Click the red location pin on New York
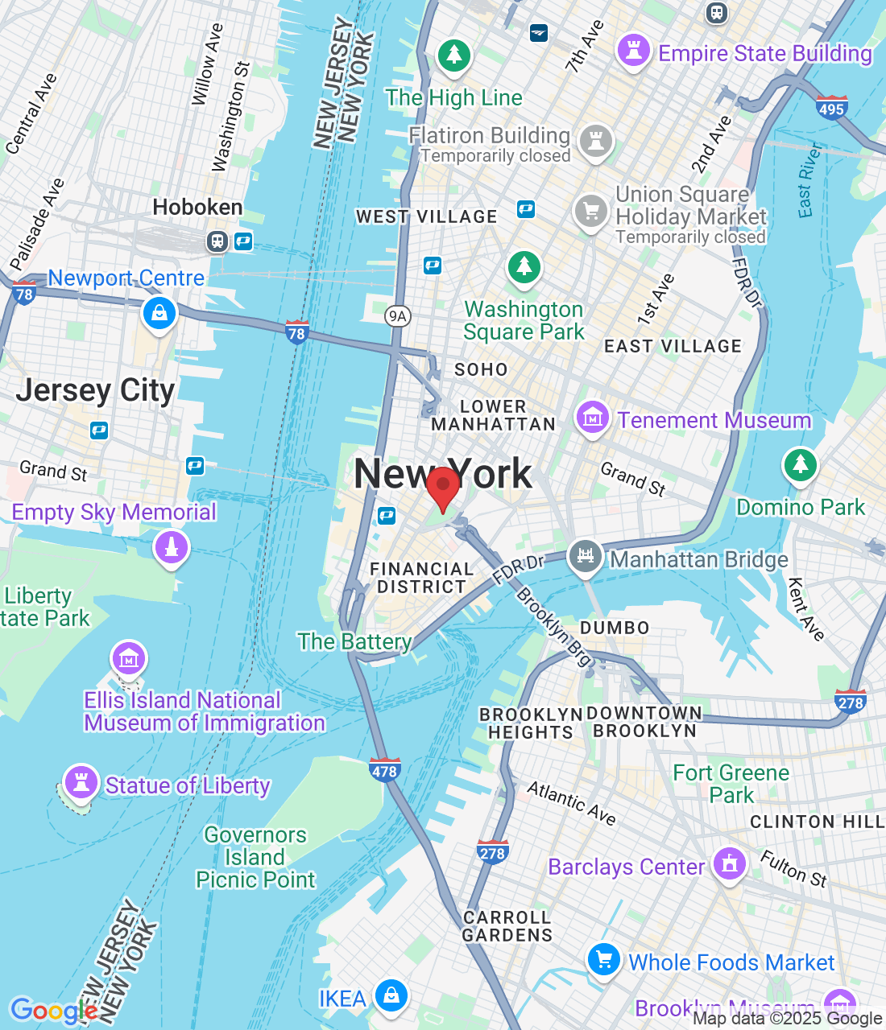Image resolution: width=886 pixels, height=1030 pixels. (x=442, y=488)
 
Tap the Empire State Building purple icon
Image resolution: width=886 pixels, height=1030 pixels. (x=633, y=51)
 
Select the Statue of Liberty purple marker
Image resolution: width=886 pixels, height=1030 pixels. (x=81, y=781)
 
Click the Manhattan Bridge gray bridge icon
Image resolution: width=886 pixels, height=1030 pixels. (x=586, y=556)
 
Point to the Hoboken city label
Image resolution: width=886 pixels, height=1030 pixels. (x=197, y=207)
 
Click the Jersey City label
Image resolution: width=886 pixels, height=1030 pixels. (x=95, y=390)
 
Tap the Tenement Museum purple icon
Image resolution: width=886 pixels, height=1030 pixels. (x=592, y=418)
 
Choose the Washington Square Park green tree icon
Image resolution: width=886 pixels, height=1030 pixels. (x=524, y=266)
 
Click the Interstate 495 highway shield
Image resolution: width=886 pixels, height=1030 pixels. (x=830, y=108)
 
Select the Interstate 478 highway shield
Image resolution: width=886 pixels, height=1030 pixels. (x=384, y=770)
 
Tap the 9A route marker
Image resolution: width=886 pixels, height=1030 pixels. (x=397, y=315)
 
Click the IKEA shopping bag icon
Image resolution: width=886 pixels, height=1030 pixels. (x=391, y=995)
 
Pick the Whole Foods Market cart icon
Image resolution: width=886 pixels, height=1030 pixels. (x=603, y=959)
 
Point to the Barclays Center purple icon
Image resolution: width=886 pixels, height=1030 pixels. (x=730, y=864)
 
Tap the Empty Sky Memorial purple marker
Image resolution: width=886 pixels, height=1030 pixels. (x=171, y=548)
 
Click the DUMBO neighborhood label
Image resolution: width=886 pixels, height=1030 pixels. (x=615, y=628)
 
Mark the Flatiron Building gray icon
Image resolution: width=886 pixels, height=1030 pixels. (x=595, y=141)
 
